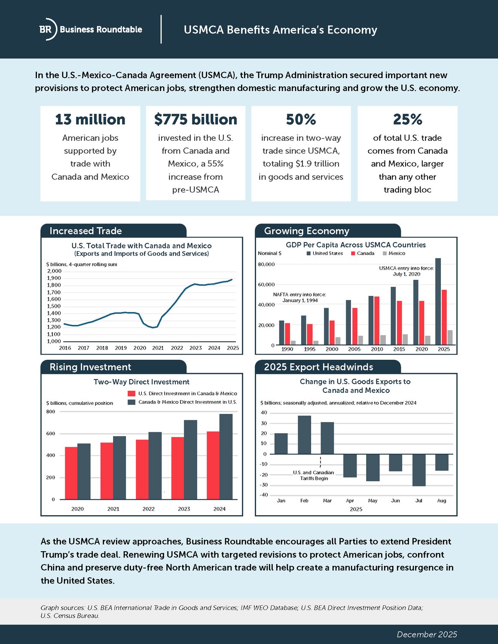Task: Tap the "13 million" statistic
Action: [x=90, y=119]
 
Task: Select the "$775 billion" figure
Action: [x=196, y=119]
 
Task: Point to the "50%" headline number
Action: [x=301, y=119]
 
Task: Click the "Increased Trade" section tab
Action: [x=86, y=231]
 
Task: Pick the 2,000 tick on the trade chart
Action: [x=54, y=271]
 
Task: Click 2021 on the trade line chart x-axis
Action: [x=158, y=348]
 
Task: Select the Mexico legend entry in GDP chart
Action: [x=394, y=253]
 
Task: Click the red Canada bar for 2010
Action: [x=376, y=320]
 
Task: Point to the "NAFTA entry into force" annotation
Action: [x=299, y=297]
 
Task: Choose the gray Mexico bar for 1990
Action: [x=293, y=343]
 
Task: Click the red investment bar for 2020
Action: [x=71, y=473]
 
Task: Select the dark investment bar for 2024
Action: [x=226, y=457]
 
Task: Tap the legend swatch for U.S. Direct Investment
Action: [x=131, y=394]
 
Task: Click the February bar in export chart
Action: [x=304, y=435]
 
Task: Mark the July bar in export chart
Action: [x=419, y=470]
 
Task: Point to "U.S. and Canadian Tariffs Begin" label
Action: [x=314, y=475]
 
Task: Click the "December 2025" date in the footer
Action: [x=427, y=635]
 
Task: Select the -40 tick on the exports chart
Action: [x=263, y=495]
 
